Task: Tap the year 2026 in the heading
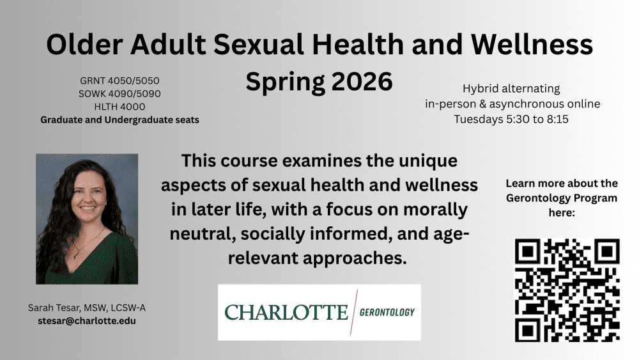pyautogui.click(x=362, y=81)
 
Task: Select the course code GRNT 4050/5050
pyautogui.click(x=120, y=81)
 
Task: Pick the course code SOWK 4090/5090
pyautogui.click(x=120, y=94)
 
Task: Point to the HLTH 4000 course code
pyautogui.click(x=120, y=107)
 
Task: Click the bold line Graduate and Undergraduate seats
pyautogui.click(x=120, y=120)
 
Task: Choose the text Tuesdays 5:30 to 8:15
pyautogui.click(x=511, y=119)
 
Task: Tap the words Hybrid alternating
pyautogui.click(x=511, y=88)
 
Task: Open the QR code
pyautogui.click(x=567, y=290)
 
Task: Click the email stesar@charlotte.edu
pyautogui.click(x=87, y=321)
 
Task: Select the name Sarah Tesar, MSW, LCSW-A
pyautogui.click(x=87, y=308)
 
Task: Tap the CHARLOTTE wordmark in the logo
pyautogui.click(x=286, y=312)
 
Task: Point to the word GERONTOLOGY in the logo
pyautogui.click(x=387, y=312)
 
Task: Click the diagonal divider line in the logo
pyautogui.click(x=354, y=312)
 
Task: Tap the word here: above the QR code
pyautogui.click(x=562, y=213)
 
